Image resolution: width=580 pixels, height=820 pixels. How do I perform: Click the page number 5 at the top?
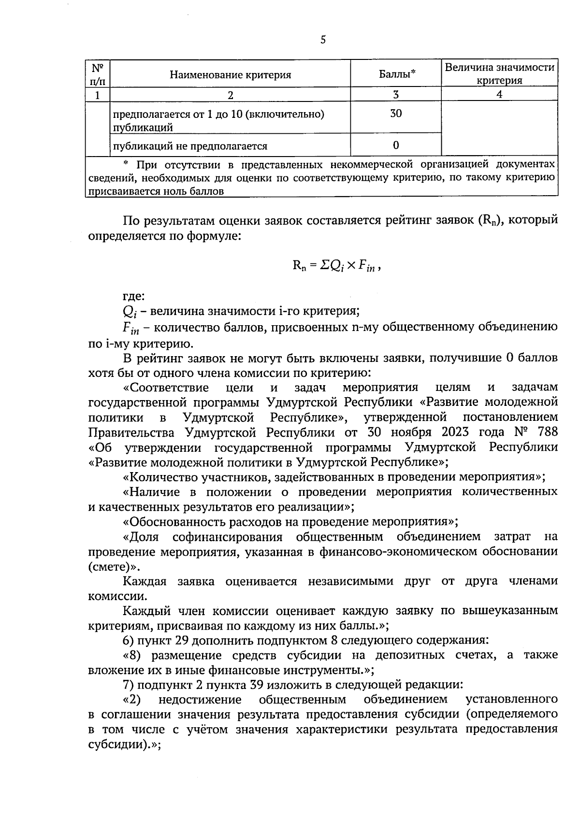click(x=323, y=40)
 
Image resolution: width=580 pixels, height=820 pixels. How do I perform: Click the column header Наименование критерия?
click(x=230, y=74)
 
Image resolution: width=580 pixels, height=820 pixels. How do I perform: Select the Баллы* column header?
click(x=397, y=74)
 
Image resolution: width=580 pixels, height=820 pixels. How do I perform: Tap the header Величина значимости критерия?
click(x=499, y=73)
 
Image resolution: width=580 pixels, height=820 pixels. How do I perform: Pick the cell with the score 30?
click(x=396, y=114)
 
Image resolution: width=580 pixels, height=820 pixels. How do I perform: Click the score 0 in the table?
click(x=396, y=145)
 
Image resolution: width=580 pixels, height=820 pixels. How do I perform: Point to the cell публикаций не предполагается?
click(x=190, y=146)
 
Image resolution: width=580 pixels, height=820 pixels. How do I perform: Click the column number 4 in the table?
click(x=499, y=95)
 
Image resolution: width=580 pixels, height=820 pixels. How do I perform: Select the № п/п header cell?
click(x=98, y=74)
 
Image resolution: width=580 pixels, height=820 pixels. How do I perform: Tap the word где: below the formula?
click(x=133, y=296)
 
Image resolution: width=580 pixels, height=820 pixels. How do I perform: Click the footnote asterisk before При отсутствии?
click(x=127, y=164)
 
